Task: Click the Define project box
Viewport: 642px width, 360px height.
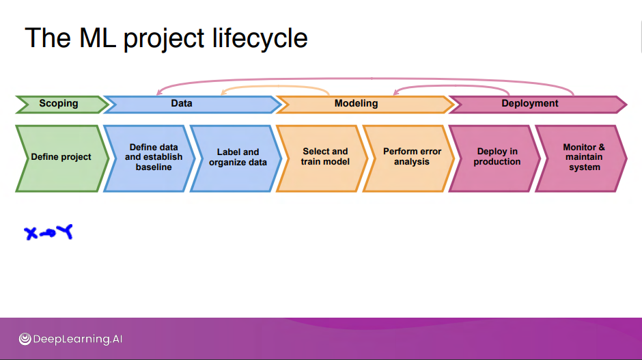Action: pos(60,157)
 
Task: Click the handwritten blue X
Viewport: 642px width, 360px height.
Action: pos(31,234)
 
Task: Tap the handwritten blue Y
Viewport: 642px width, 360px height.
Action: pos(65,232)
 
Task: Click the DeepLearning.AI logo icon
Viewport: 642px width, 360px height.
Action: pos(25,339)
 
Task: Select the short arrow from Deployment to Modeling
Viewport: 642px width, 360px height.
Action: pos(451,87)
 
